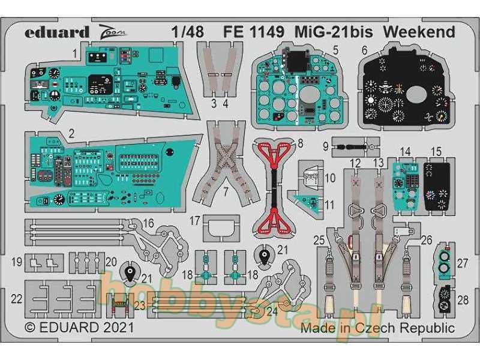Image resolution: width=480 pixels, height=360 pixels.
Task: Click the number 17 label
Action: pos(196,221)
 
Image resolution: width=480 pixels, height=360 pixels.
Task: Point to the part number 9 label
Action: pos(325,146)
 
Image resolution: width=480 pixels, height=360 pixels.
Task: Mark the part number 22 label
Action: pos(17,298)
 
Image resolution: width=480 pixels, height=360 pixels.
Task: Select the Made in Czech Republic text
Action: pos(377,328)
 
